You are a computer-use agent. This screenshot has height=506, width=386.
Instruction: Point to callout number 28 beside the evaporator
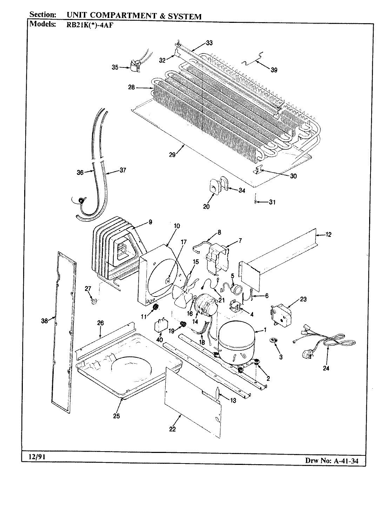pos(132,88)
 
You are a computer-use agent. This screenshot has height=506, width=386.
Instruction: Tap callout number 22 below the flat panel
pos(172,429)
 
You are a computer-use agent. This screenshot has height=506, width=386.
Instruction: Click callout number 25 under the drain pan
pos(116,416)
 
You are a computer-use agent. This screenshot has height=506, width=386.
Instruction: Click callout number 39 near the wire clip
pos(274,70)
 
